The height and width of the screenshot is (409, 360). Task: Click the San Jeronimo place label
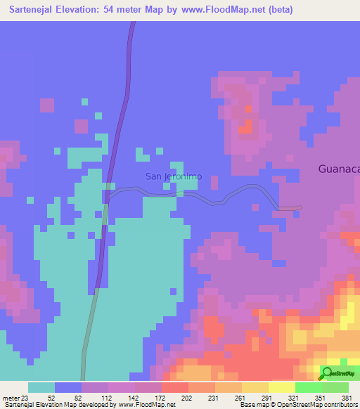click(173, 176)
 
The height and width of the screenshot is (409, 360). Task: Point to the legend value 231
click(213, 397)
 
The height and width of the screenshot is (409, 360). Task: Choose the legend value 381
click(345, 397)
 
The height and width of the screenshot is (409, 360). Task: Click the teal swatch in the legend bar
click(41, 387)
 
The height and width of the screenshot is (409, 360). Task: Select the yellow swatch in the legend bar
click(281, 387)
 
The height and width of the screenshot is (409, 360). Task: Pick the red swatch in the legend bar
click(174, 387)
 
